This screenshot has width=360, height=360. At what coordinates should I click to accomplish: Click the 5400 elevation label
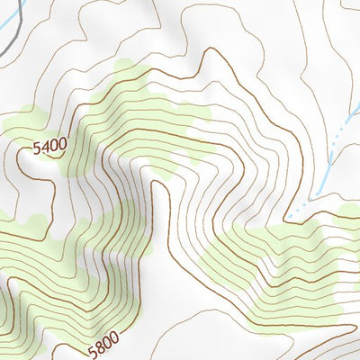(x=50, y=146)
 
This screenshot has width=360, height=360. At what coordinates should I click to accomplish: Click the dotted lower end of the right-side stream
(x=301, y=208)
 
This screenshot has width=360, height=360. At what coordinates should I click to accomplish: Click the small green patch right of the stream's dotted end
(x=347, y=214)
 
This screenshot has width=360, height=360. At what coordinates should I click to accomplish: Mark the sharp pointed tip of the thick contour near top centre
(x=210, y=51)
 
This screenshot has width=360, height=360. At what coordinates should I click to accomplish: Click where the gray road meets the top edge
(x=20, y=1)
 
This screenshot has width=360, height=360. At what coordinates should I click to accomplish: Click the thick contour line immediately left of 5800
(x=76, y=351)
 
